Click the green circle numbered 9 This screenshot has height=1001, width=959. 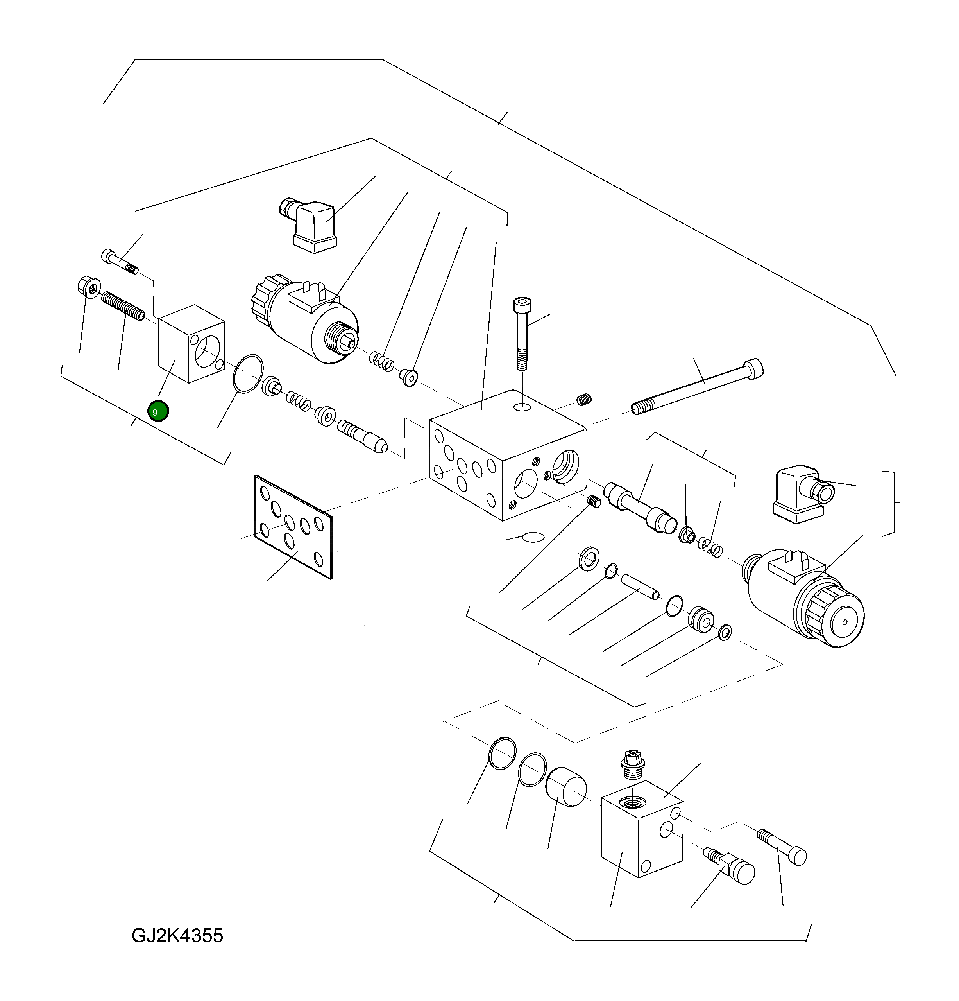tap(158, 411)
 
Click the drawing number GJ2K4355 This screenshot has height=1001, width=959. tap(177, 936)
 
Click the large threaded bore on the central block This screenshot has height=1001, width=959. tap(565, 466)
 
